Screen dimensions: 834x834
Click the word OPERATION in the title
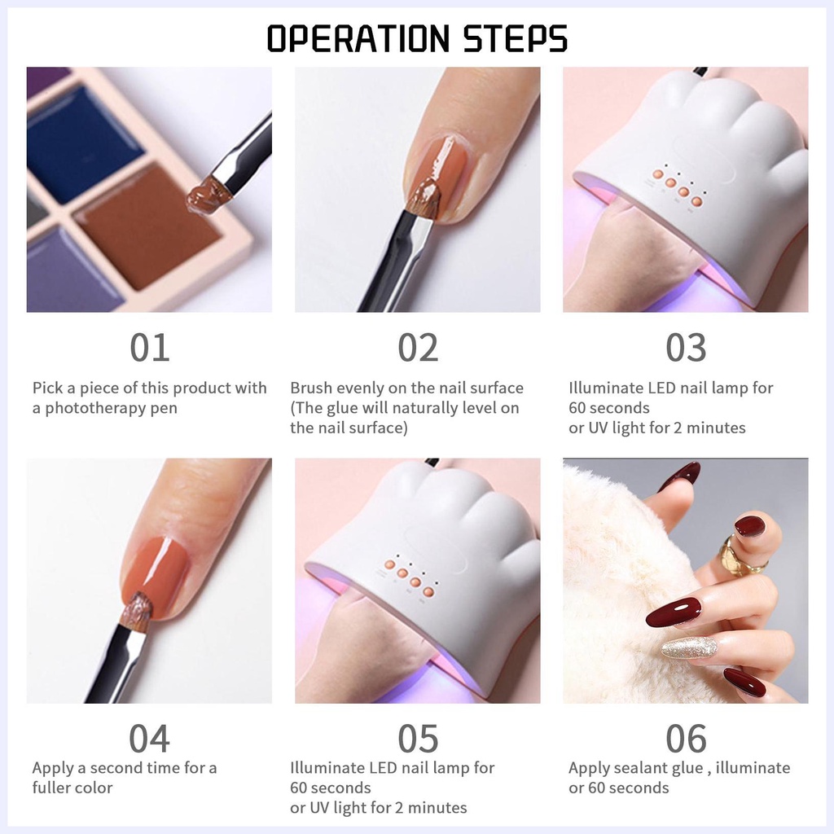(x=358, y=38)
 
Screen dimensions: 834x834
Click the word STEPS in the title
(x=515, y=38)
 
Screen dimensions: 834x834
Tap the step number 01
(x=150, y=348)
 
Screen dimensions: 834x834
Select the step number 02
(x=418, y=348)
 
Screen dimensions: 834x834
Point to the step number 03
(x=686, y=348)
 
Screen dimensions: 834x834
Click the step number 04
(x=150, y=739)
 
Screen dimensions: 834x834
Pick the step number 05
(x=418, y=739)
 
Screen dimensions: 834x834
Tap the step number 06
(x=686, y=739)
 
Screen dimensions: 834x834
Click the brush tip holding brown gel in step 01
(x=208, y=196)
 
